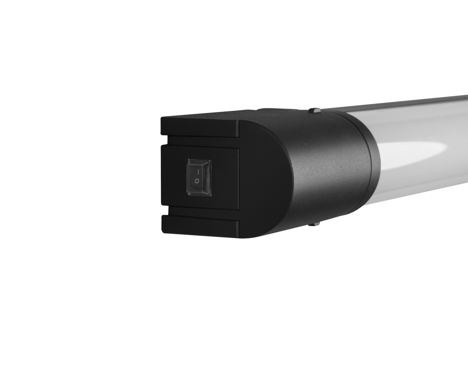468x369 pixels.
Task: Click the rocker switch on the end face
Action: (x=199, y=177)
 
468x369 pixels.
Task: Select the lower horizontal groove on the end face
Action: (x=201, y=216)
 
